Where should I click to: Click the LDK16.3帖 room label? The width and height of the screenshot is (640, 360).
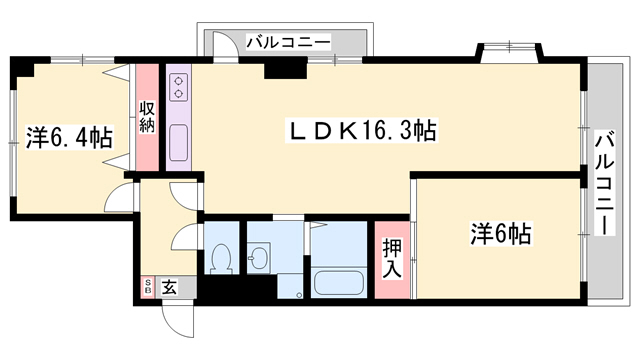[x=361, y=130]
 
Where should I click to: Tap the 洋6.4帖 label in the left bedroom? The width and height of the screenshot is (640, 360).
[x=68, y=136]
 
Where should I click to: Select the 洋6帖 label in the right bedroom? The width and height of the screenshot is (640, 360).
[x=500, y=236]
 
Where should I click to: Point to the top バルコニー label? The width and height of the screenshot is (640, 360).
[x=287, y=42]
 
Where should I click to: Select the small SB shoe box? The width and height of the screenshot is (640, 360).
[x=149, y=288]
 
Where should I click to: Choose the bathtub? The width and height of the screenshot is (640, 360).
[x=340, y=282]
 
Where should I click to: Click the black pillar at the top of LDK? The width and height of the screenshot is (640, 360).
[x=283, y=67]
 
